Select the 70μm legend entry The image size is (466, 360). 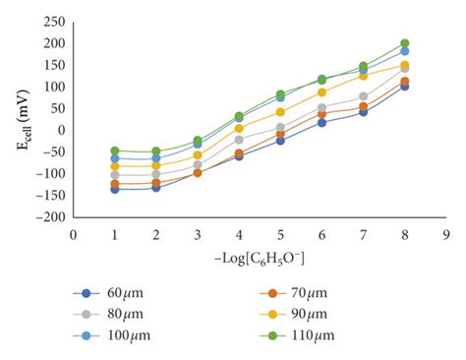[x=315, y=293]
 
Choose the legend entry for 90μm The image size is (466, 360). [x=315, y=314]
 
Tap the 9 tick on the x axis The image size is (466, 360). [x=447, y=234]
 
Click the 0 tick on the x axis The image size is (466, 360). [x=73, y=234]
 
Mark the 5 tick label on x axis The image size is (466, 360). [x=280, y=234]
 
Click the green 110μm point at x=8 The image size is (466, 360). [x=405, y=43]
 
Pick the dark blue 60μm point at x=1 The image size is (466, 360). [x=115, y=189]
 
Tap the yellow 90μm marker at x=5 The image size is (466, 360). [x=280, y=112]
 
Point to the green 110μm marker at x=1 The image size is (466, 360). [x=115, y=150]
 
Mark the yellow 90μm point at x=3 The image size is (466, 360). [x=198, y=155]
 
